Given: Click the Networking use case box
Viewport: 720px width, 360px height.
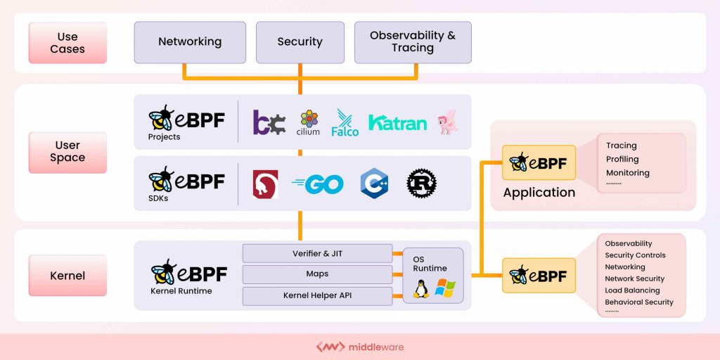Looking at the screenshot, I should coord(190,42).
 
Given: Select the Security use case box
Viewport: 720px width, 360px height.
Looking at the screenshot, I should coord(300,42).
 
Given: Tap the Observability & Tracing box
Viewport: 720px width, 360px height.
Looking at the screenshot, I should coord(412,42).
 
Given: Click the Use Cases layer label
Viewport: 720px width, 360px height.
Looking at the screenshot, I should coord(67,43).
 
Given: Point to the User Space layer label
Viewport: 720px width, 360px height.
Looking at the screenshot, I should coord(67,152).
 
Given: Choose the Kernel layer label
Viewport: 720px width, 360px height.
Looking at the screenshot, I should coord(67,276).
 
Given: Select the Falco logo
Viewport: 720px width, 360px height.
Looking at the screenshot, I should coord(345,123).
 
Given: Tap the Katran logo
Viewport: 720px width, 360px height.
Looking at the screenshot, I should coord(397,124).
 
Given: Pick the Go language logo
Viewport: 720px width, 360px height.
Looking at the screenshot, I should coord(318,184).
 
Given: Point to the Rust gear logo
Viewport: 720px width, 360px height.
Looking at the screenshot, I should coord(421,184).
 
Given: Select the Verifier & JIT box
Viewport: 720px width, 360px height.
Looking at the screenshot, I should coord(317,254).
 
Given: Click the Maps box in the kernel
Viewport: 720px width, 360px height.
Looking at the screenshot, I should coord(317,274).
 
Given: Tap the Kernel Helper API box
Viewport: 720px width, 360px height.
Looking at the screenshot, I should coord(317,295).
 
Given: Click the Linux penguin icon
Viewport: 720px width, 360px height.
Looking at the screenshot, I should coord(421,289).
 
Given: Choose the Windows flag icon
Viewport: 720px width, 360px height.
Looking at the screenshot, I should coord(445,288).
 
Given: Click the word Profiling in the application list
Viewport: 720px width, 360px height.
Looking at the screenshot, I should coord(622,160).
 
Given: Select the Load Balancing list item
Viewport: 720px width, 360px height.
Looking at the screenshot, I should coord(632,290).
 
